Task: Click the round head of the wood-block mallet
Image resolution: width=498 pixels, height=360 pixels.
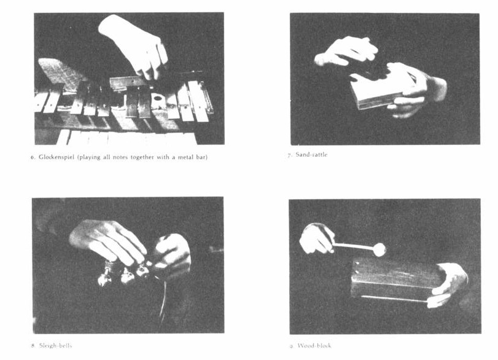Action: click(379, 249)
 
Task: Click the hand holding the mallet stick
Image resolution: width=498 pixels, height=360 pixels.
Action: click(316, 238)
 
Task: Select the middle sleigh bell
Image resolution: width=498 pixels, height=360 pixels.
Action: click(127, 276)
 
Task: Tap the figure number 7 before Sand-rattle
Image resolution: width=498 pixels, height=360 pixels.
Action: click(289, 155)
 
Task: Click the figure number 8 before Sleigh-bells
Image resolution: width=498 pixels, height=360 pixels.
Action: click(33, 346)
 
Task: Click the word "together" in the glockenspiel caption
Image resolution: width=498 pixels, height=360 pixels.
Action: click(144, 158)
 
